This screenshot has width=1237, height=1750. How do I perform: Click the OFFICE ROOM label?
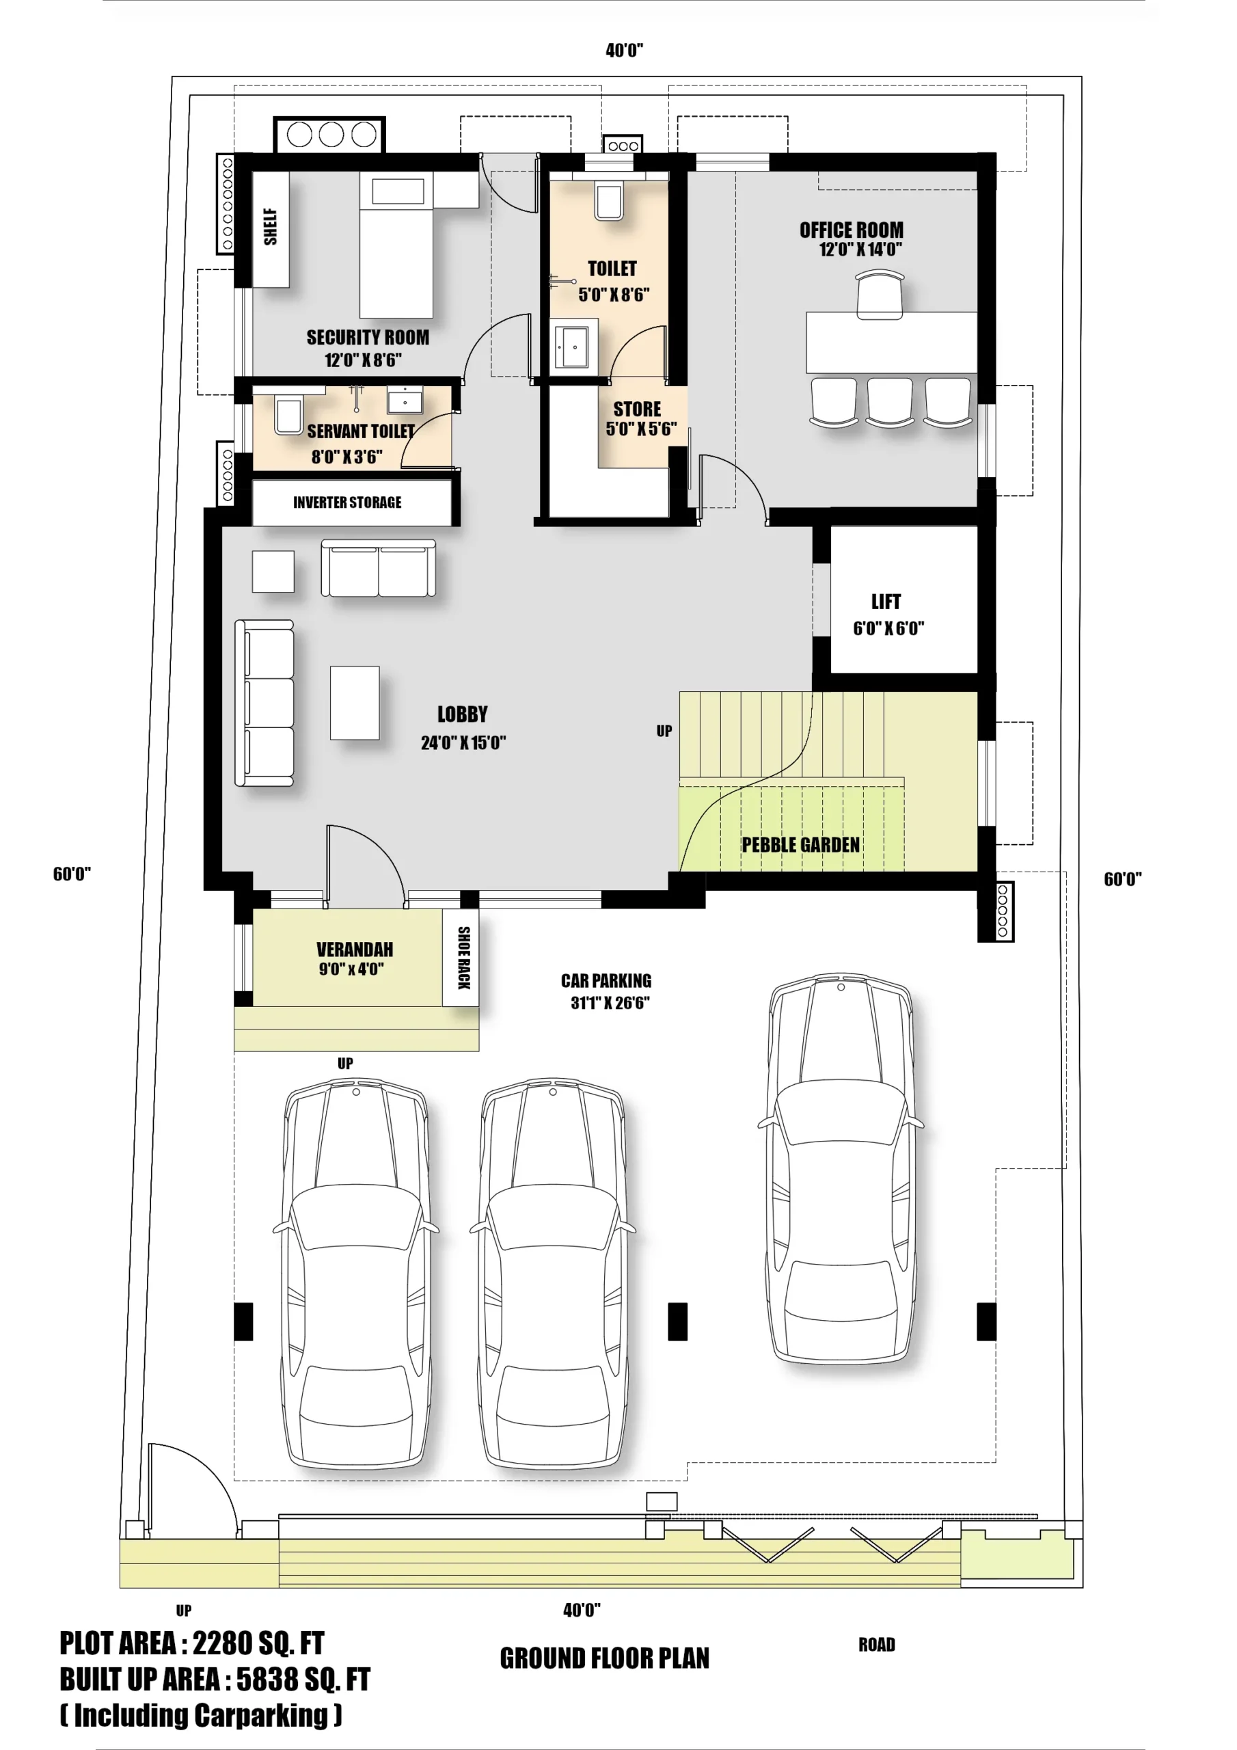[852, 230]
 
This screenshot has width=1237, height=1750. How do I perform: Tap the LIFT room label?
[886, 602]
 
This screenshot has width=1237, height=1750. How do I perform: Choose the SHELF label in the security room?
[271, 227]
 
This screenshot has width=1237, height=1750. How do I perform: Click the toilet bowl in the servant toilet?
[288, 416]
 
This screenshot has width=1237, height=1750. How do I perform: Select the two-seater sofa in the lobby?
[378, 569]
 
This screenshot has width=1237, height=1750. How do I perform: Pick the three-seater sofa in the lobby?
[264, 703]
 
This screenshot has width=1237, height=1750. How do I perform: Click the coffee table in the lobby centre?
[355, 703]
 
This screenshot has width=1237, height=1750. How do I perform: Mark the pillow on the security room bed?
[398, 191]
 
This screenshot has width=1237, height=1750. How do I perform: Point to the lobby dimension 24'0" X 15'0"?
[463, 742]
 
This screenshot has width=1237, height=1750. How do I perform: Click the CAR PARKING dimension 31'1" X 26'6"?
[610, 1003]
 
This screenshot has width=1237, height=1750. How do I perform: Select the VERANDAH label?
[355, 950]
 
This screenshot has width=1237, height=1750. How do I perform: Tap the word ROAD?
[877, 1645]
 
